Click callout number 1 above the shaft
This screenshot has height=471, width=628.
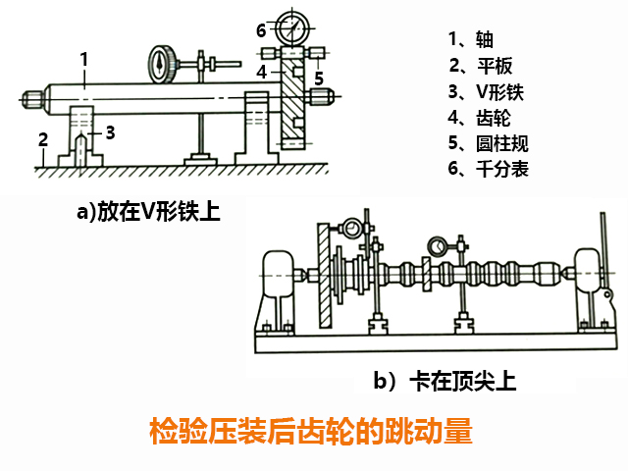coord(85,59)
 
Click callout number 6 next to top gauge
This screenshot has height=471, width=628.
coord(261,29)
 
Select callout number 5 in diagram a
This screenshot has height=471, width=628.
coord(319,76)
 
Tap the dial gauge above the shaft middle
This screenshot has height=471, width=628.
coord(161,62)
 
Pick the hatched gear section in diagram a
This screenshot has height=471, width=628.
coord(290,108)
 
